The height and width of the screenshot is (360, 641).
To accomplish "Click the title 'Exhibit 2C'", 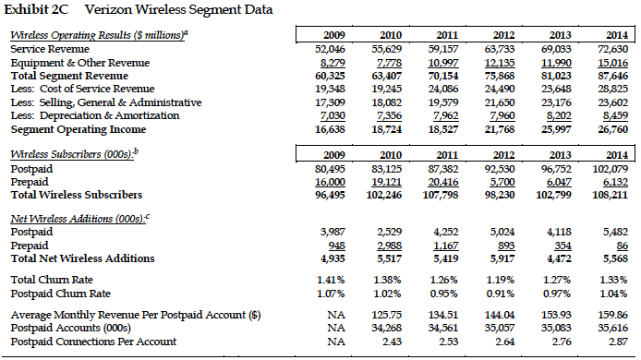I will tap(38, 11).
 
